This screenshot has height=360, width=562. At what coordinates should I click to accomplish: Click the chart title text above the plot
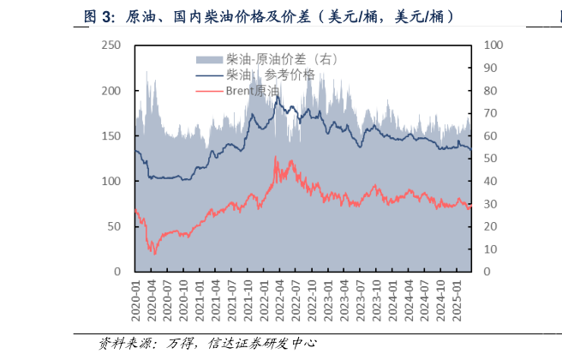(x=268, y=16)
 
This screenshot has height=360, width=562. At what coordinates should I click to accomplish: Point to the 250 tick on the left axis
(x=111, y=45)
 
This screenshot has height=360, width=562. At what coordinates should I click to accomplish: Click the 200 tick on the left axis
(x=111, y=91)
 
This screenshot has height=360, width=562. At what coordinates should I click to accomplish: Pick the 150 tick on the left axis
(x=111, y=136)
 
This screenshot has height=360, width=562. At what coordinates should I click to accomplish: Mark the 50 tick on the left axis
(x=115, y=226)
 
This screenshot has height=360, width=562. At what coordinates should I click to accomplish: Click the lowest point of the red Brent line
(x=154, y=254)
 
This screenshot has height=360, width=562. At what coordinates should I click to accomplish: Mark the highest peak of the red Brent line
(x=275, y=157)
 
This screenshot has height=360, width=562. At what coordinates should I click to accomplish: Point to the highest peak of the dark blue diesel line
(x=276, y=95)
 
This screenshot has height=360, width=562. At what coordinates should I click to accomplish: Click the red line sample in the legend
(x=209, y=90)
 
